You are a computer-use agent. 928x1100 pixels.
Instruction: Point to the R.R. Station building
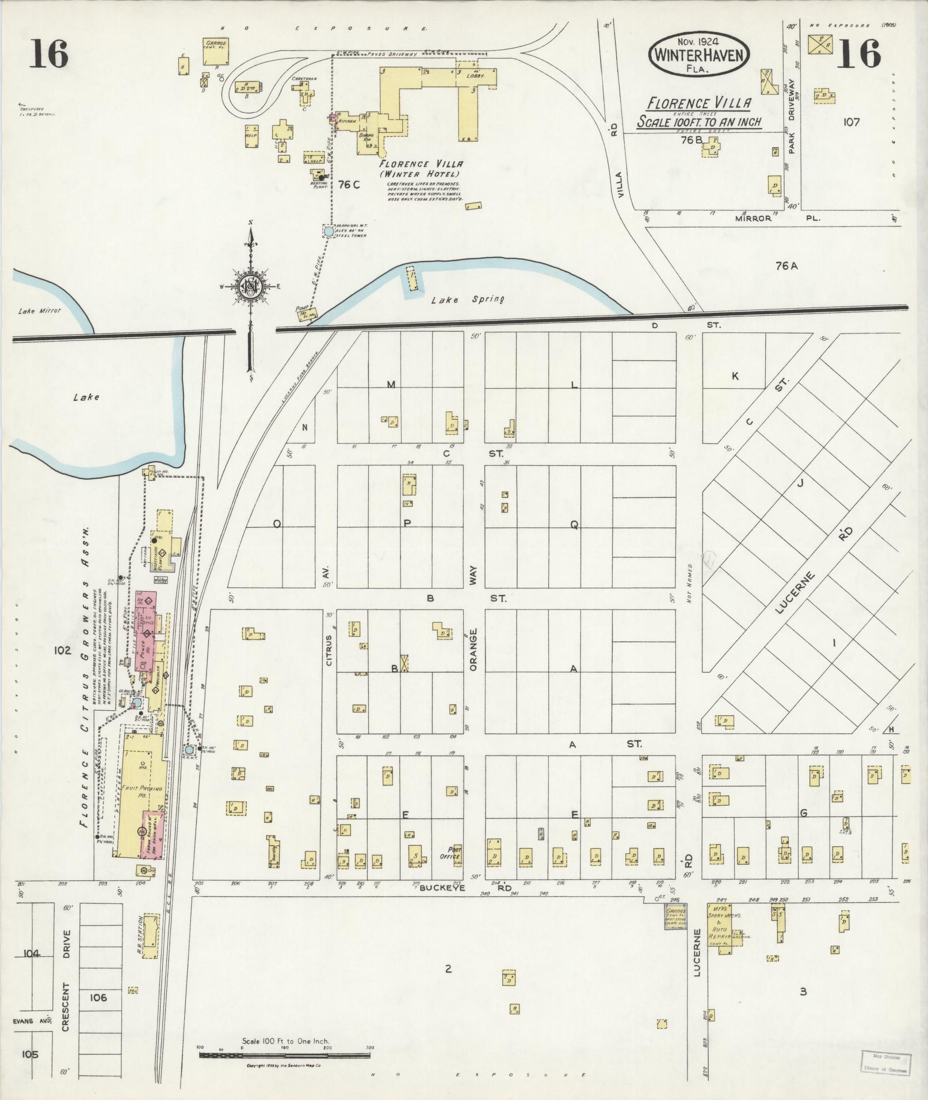tap(150, 937)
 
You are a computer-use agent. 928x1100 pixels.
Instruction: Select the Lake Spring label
tap(468, 299)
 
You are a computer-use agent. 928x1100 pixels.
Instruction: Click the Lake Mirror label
tap(39, 311)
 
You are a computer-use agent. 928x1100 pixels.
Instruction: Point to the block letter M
tap(391, 384)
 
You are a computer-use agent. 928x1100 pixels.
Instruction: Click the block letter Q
tap(574, 524)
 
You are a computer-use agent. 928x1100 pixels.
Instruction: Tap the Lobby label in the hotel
tap(475, 75)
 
